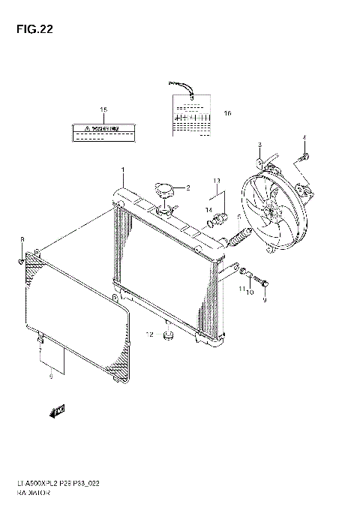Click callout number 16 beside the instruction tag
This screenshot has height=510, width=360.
(x=228, y=113)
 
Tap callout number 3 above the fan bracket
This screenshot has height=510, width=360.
(x=259, y=145)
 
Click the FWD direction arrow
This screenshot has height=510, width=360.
(x=57, y=409)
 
